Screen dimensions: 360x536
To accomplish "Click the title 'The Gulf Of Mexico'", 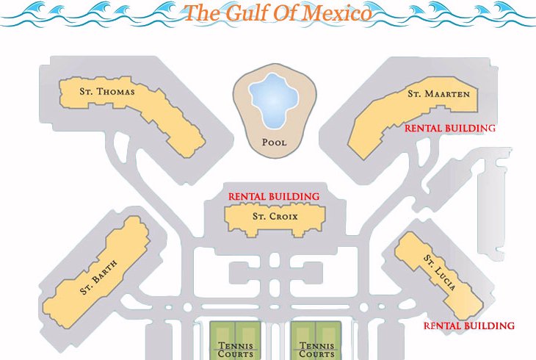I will coord(278,12).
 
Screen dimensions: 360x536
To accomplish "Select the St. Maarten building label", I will coord(438,94).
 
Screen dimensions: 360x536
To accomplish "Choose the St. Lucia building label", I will coord(440,273).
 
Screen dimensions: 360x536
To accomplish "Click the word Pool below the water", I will coord(274,143).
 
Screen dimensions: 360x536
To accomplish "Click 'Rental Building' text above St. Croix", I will coord(274,197).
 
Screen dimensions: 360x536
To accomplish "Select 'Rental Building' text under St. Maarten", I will coord(450,128).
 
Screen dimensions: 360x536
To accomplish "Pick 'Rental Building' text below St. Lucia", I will coord(469,325).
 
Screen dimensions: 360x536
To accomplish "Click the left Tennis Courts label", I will coord(236,350).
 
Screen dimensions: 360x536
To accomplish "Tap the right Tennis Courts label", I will coord(317,350).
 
